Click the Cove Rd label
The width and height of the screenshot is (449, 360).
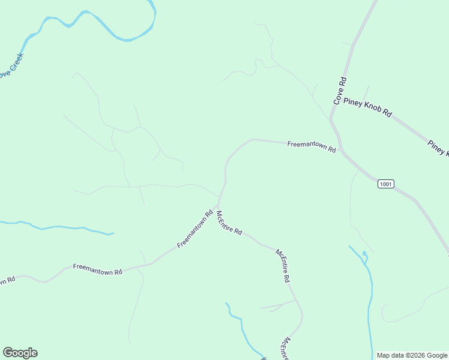click(x=340, y=91)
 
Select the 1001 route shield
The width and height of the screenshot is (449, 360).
click(x=386, y=184)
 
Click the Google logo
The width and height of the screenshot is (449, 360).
click(x=20, y=353)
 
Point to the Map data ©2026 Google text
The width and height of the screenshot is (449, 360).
click(x=412, y=355)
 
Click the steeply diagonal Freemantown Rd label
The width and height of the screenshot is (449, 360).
click(x=196, y=229)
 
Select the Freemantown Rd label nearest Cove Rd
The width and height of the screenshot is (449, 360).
click(x=311, y=146)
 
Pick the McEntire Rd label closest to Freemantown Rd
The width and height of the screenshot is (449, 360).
click(x=229, y=223)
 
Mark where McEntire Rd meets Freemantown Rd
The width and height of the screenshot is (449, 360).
click(x=218, y=205)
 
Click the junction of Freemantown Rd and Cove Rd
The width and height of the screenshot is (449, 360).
click(x=341, y=151)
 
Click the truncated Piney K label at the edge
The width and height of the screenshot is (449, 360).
click(x=438, y=148)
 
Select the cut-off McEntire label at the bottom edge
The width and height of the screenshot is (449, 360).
click(x=284, y=349)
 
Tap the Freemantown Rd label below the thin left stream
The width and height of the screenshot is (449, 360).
click(x=97, y=269)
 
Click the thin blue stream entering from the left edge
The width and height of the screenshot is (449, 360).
click(x=54, y=227)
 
